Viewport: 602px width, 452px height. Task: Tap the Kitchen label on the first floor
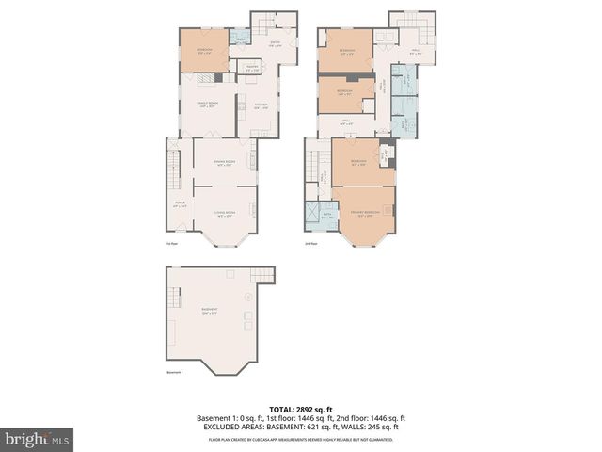(261, 105)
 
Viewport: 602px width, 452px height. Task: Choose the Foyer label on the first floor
(179, 202)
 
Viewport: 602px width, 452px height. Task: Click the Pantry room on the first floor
(252, 67)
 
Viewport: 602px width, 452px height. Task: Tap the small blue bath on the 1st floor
(240, 39)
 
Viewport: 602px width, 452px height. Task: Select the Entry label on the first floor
(275, 43)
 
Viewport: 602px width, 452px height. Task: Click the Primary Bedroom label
(363, 214)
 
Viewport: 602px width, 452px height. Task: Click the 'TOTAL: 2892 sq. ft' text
(301, 408)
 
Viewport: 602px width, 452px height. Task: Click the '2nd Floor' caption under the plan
(312, 244)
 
